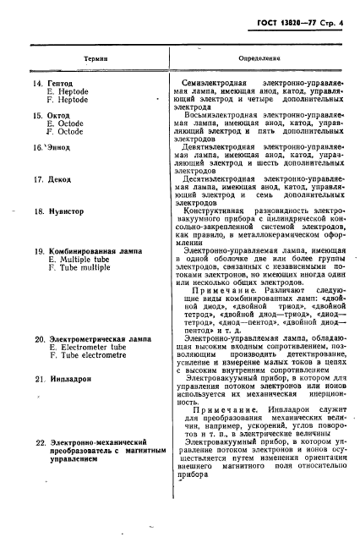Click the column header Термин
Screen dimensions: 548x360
[x=95, y=58]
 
